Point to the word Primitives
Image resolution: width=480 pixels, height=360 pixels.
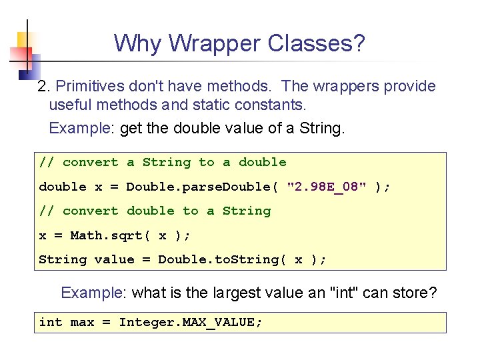(90, 86)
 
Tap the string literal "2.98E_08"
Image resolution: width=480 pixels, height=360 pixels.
(327, 187)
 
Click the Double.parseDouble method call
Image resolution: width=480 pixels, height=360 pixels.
(198, 187)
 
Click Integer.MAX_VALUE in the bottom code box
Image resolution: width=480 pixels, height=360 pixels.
(189, 322)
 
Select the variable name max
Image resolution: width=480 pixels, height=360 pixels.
(82, 322)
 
